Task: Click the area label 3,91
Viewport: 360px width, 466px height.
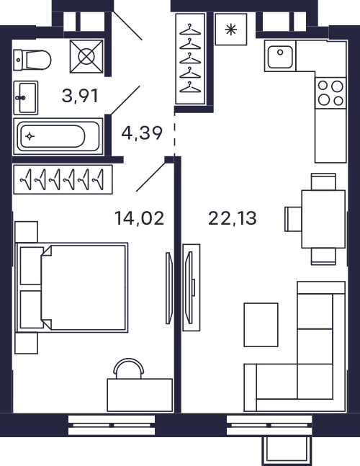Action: point(80,96)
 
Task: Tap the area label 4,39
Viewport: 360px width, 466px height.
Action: point(142,133)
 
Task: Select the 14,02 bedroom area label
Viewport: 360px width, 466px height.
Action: point(139,218)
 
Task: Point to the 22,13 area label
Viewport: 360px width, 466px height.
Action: point(233,218)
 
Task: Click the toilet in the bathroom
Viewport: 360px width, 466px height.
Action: point(32,60)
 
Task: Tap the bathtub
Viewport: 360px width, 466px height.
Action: point(58,136)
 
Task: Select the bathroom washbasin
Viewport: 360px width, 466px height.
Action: point(26,98)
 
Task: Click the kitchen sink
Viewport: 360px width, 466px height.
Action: point(280,56)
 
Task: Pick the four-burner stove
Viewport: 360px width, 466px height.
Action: point(330,94)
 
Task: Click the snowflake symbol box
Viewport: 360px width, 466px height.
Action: point(231,30)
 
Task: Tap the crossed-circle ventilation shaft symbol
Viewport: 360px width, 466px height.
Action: point(86,56)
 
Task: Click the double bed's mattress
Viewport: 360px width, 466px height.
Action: point(84,287)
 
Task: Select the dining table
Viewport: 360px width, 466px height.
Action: point(323,219)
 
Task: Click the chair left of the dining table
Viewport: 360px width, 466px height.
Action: point(293,219)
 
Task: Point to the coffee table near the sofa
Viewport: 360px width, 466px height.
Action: point(261,325)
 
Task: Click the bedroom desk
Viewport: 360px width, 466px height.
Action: point(140,395)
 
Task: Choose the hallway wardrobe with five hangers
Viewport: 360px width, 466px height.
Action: point(190,59)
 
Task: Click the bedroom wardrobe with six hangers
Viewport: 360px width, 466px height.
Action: point(63,179)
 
